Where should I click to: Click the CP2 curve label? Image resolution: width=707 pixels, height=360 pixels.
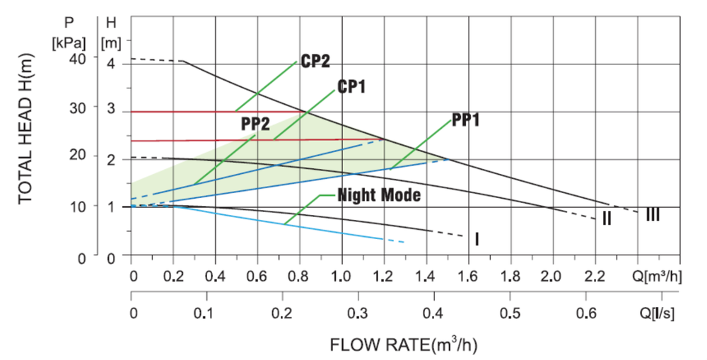[315, 62]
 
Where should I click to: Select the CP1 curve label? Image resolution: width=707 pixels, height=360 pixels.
[351, 87]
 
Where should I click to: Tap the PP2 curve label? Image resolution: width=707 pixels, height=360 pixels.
[256, 123]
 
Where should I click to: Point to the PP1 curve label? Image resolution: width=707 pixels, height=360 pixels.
[466, 120]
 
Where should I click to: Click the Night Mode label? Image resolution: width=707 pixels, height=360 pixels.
[379, 194]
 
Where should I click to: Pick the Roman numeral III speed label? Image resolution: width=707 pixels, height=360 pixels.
[653, 213]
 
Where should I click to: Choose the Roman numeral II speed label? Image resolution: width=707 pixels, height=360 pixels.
[607, 219]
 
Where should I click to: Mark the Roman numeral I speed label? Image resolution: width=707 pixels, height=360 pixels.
[477, 240]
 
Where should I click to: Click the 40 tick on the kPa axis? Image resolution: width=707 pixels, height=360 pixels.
[78, 58]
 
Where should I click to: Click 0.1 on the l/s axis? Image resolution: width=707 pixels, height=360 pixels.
[207, 313]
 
